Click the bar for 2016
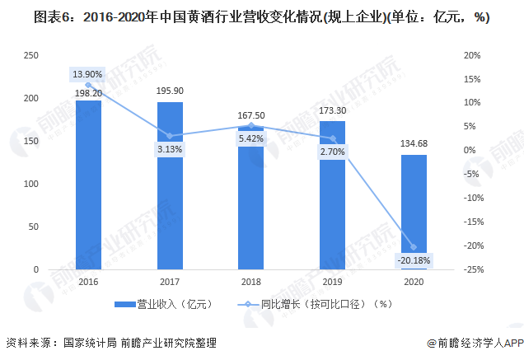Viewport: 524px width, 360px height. coord(89,185)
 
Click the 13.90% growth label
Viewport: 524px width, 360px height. coord(88,74)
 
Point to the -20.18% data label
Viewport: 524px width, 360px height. coord(414,261)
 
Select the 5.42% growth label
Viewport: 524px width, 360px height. coord(250,138)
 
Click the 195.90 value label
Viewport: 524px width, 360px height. coord(170,91)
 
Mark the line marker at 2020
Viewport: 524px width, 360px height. coord(414,247)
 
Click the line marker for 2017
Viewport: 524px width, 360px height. coord(170,136)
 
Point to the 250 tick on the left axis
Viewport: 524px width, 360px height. coord(31,55)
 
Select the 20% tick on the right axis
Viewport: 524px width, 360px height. coord(472,55)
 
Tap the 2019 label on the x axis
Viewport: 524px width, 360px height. coord(332,281)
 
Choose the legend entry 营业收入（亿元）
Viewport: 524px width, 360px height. coord(164,304)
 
